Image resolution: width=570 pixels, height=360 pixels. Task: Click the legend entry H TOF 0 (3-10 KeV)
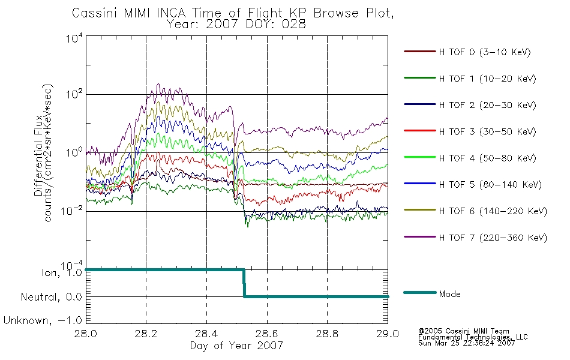pyautogui.click(x=485, y=52)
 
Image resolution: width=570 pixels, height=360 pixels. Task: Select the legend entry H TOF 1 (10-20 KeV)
pyautogui.click(x=487, y=79)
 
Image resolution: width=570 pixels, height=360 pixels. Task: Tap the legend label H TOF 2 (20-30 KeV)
pyautogui.click(x=487, y=105)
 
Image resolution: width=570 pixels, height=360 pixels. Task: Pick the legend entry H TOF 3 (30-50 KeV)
pyautogui.click(x=487, y=131)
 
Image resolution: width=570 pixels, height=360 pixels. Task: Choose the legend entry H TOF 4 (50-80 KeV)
pyautogui.click(x=487, y=158)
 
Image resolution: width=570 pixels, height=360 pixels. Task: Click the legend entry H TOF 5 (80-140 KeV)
pyautogui.click(x=490, y=185)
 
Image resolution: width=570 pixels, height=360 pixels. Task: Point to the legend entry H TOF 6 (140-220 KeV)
pyautogui.click(x=493, y=211)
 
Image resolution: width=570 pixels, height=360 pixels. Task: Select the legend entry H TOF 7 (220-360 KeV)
pyautogui.click(x=493, y=238)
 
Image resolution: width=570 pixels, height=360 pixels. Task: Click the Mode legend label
pyautogui.click(x=449, y=294)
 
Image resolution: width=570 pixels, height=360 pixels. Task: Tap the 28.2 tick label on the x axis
pyautogui.click(x=146, y=334)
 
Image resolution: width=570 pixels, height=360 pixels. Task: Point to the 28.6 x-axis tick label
pyautogui.click(x=267, y=334)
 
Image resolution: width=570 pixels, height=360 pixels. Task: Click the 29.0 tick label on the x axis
pyautogui.click(x=388, y=334)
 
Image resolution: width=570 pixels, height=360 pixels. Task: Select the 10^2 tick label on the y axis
pyautogui.click(x=74, y=94)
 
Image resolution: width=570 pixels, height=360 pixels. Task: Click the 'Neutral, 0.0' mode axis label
pyautogui.click(x=51, y=297)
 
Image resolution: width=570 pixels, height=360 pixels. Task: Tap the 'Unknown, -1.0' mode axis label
pyautogui.click(x=43, y=320)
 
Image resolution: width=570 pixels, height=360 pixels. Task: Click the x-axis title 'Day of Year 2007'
pyautogui.click(x=236, y=346)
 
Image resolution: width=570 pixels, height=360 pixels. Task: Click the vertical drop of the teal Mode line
pyautogui.click(x=244, y=283)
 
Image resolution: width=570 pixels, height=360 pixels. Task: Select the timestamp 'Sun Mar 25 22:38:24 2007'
pyautogui.click(x=466, y=343)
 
